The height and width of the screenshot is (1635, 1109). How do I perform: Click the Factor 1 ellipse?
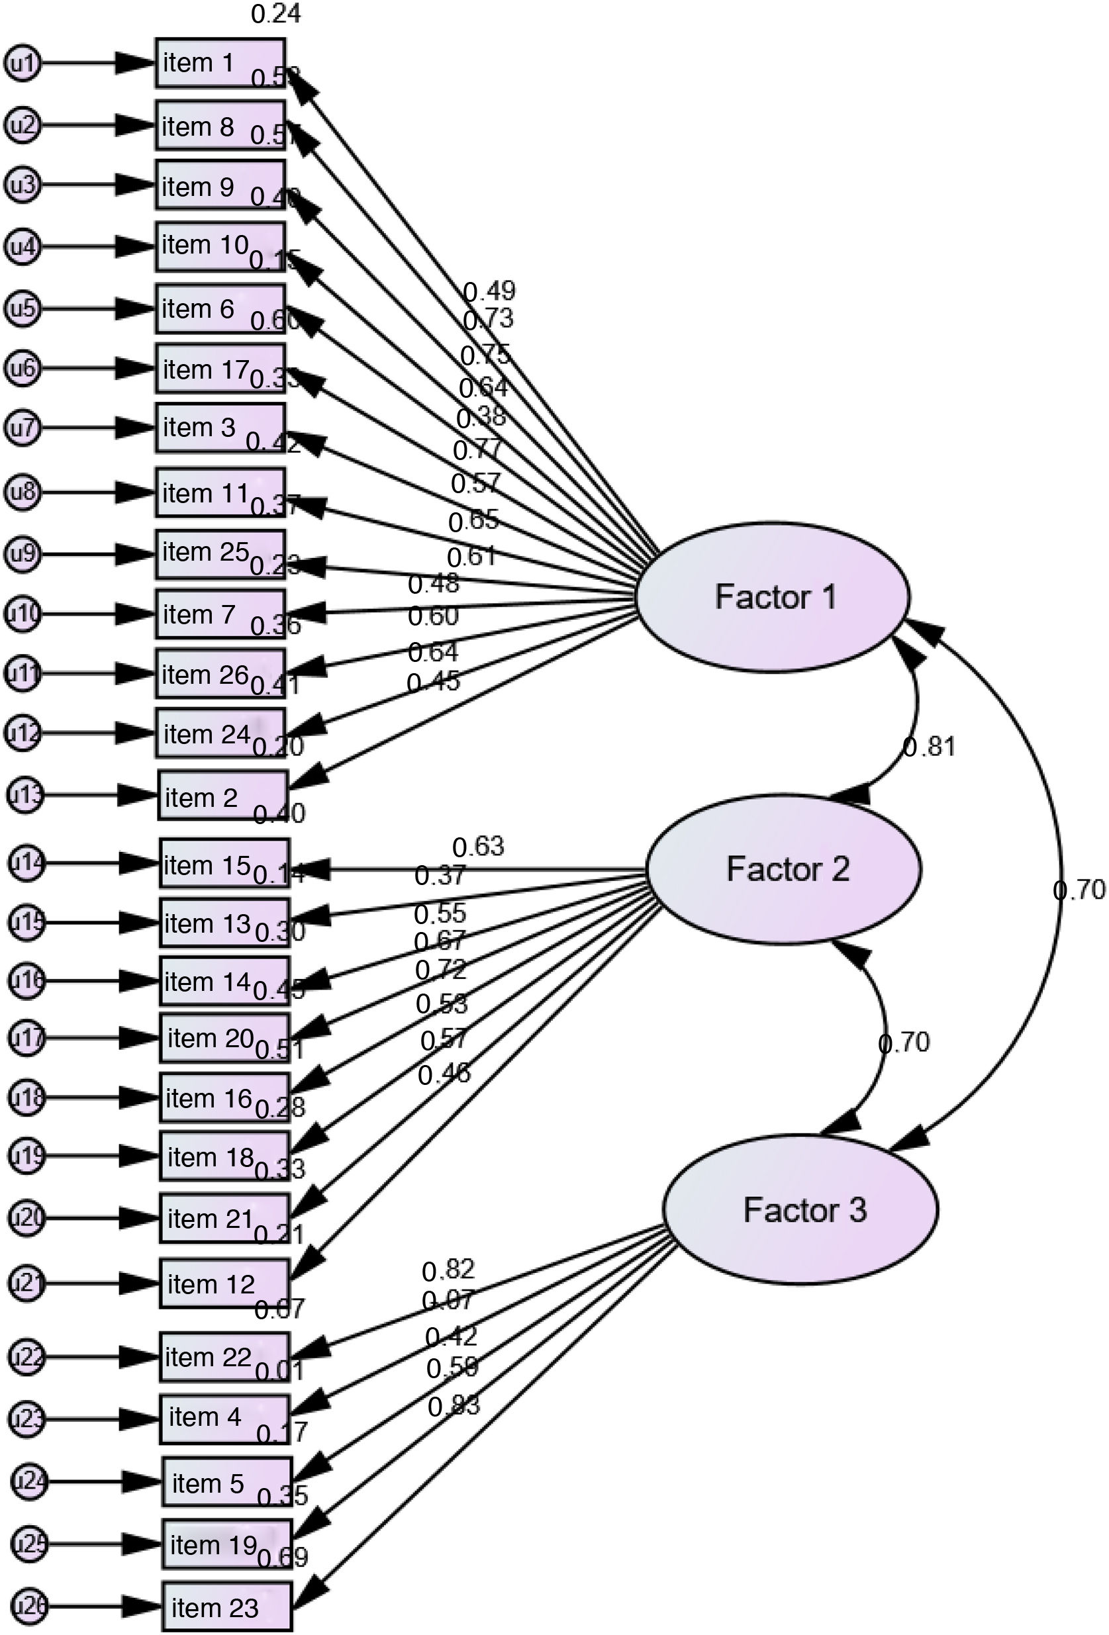pyautogui.click(x=773, y=596)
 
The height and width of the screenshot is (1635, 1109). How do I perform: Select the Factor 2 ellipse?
pyautogui.click(x=783, y=869)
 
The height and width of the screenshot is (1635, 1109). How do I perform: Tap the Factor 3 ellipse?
pyautogui.click(x=800, y=1209)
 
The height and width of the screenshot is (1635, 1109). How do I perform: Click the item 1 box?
pyautogui.click(x=220, y=64)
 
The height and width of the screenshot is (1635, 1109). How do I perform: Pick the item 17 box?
pyautogui.click(x=220, y=368)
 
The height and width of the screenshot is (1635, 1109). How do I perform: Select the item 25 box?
pyautogui.click(x=220, y=553)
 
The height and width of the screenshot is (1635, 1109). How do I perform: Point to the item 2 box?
pyautogui.click(x=223, y=796)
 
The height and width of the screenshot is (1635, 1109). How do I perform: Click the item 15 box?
pyautogui.click(x=224, y=863)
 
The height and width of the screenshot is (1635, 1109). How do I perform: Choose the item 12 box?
pyautogui.click(x=224, y=1284)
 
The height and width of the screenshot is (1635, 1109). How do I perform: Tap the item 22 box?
pyautogui.click(x=224, y=1356)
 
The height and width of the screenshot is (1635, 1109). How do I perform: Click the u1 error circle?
pyautogui.click(x=22, y=64)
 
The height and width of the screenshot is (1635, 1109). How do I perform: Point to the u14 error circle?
pyautogui.click(x=26, y=863)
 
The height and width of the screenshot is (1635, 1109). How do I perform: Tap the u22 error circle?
pyautogui.click(x=26, y=1356)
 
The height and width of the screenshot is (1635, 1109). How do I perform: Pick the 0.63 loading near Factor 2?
pyautogui.click(x=478, y=847)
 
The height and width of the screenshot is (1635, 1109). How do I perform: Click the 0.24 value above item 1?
pyautogui.click(x=276, y=13)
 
